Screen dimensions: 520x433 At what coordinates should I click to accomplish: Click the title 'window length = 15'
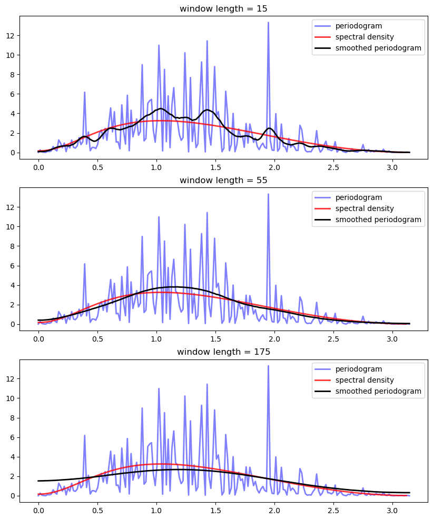[x=223, y=8]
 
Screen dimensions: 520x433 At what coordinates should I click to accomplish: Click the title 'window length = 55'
[x=223, y=180]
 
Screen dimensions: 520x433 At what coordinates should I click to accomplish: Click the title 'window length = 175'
[x=223, y=352]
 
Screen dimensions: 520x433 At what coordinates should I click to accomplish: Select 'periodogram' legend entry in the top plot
[x=353, y=26]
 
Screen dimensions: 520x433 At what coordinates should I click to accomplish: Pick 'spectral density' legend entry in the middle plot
[x=360, y=208]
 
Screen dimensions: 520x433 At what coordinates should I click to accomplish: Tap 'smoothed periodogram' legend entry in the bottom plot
[x=378, y=391]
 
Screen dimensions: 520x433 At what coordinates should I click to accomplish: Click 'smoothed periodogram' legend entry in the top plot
[x=378, y=48]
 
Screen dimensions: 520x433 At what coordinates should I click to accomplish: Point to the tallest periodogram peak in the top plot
[x=268, y=23]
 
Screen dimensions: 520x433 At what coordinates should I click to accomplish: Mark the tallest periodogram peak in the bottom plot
[x=268, y=366]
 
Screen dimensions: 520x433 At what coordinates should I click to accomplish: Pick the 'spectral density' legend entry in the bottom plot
[x=360, y=380]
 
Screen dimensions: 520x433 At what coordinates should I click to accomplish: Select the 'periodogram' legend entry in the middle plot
[x=353, y=197]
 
